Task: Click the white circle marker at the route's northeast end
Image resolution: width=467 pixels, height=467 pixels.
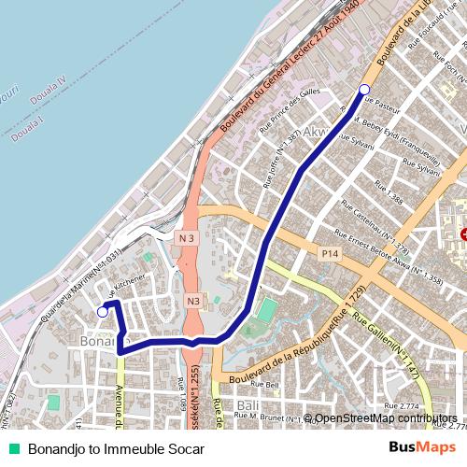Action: point(364,90)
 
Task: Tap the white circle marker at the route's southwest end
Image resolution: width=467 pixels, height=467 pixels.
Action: point(102,313)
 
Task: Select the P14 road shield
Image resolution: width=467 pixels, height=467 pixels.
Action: point(329,253)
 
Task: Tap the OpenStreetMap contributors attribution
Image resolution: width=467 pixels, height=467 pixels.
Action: point(386,418)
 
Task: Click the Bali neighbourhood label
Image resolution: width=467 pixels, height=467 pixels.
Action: point(248,405)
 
